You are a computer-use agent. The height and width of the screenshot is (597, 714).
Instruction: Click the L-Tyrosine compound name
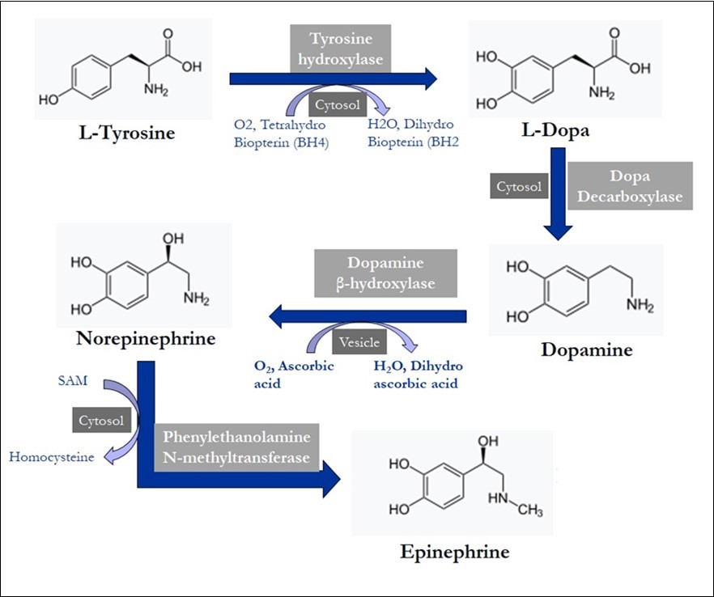126,133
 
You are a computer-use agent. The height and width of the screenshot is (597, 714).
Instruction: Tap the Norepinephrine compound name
146,338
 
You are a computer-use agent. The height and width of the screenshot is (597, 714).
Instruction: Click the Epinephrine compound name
454,552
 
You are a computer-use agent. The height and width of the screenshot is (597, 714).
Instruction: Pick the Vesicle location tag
359,342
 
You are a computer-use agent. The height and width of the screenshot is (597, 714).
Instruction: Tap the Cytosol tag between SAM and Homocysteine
101,421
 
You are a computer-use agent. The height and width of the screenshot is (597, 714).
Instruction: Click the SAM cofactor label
74,379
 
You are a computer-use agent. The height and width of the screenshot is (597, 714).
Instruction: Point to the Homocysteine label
52,457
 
